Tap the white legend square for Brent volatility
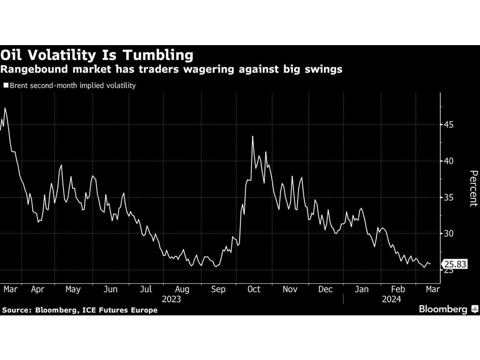click(x=6, y=86)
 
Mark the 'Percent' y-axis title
click(x=473, y=188)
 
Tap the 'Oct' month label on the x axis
click(x=254, y=289)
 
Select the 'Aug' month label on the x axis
click(x=182, y=289)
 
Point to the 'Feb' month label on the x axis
click(x=398, y=289)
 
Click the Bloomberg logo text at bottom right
click(x=443, y=310)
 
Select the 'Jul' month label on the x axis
click(x=146, y=289)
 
